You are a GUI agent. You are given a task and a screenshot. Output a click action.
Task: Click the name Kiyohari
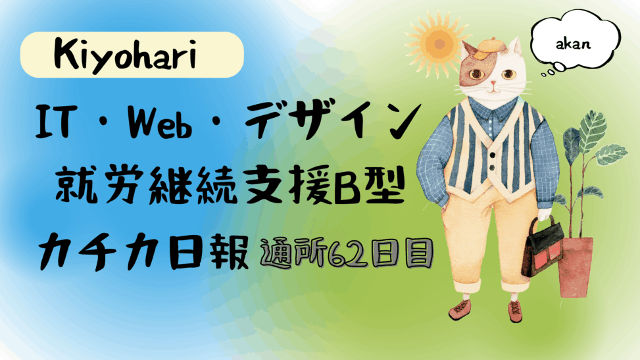point(125,55)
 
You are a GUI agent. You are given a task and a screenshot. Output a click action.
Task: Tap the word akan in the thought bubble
point(573,43)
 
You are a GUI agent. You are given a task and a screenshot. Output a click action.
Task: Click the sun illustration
point(439,43)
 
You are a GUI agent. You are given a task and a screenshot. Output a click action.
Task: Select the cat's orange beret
point(489,47)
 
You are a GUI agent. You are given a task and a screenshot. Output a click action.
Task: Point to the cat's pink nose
point(493,84)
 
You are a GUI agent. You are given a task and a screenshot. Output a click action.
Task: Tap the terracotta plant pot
point(575,267)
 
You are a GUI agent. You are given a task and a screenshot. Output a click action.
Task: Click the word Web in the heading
point(160,121)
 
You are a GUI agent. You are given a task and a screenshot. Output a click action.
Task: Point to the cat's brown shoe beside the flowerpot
point(515,312)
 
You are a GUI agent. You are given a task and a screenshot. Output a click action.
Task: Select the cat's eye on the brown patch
point(476,74)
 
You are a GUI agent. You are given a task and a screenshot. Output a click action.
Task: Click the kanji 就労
point(99,186)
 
